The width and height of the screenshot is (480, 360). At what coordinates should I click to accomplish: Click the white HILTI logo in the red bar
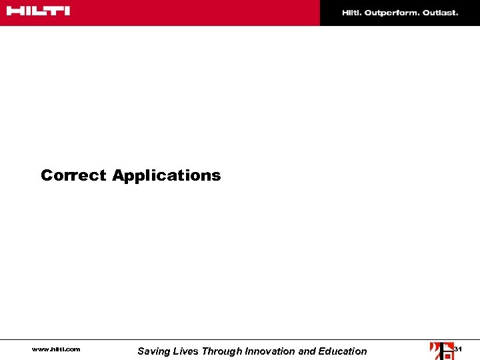39,11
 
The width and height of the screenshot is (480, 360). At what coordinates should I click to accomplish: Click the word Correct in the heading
73,175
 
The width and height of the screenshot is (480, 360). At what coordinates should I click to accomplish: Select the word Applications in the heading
166,176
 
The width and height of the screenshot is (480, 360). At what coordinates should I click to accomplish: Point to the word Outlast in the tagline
440,13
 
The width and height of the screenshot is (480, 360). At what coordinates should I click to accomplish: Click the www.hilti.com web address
56,349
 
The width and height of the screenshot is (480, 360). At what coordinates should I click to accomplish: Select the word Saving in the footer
152,351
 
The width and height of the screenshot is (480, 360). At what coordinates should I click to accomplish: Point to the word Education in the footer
341,351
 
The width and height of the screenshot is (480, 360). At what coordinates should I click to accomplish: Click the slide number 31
458,349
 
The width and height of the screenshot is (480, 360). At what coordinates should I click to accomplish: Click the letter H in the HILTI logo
13,11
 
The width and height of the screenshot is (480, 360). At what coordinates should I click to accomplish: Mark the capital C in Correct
47,175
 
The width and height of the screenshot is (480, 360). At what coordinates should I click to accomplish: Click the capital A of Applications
118,175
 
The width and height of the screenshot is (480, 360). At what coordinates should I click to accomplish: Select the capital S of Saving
141,351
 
